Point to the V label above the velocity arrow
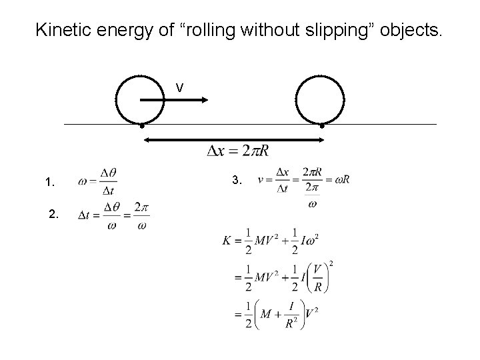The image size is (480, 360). tap(179, 87)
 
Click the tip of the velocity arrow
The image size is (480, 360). tap(207, 100)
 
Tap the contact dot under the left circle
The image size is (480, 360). tap(142, 125)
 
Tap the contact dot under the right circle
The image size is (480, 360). tap(321, 125)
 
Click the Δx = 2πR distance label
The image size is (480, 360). tap(238, 151)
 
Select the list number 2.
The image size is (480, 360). tap(54, 215)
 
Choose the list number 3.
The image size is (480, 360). tap(237, 180)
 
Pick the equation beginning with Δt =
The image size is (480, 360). tap(113, 215)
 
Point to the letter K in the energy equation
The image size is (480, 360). tap(227, 241)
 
